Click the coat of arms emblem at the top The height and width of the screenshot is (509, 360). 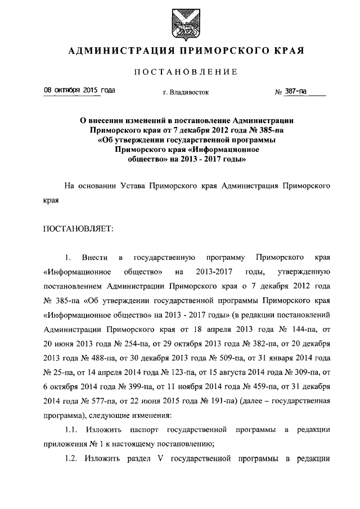pyautogui.click(x=179, y=22)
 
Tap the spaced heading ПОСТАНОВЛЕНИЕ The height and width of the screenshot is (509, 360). pyautogui.click(x=179, y=72)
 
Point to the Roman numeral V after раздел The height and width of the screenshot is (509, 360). pyautogui.click(x=160, y=460)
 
